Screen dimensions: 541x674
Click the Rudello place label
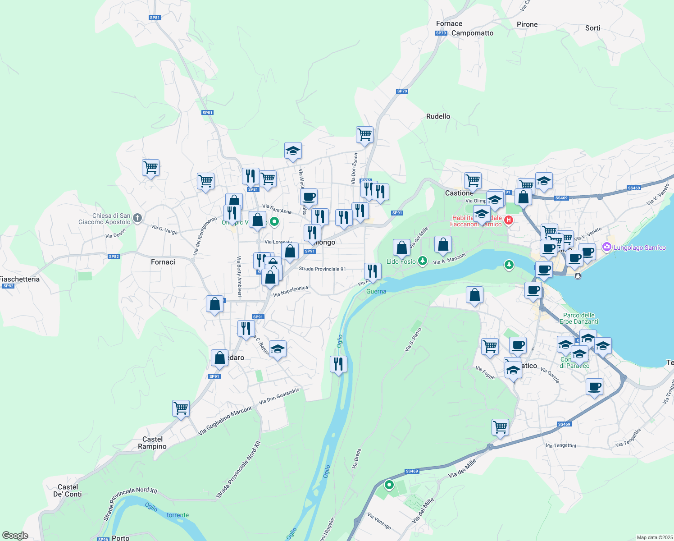(438, 116)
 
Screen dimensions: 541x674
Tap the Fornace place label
(449, 23)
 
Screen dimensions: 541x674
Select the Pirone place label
(527, 24)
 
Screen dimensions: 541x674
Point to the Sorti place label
(592, 28)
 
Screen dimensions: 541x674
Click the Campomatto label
(472, 33)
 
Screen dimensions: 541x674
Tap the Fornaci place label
(163, 262)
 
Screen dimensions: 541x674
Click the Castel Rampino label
(152, 443)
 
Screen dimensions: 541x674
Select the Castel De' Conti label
(68, 491)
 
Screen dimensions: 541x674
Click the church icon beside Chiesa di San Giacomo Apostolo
(137, 218)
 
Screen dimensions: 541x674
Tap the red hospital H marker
(509, 220)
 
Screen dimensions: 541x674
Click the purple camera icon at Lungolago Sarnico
(606, 247)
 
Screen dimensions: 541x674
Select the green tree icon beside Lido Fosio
(422, 261)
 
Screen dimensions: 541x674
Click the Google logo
(15, 536)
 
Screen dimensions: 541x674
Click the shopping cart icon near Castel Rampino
(181, 408)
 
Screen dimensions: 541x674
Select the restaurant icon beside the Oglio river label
(338, 363)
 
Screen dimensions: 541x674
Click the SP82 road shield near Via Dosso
(114, 257)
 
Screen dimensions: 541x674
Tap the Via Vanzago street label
(379, 521)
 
